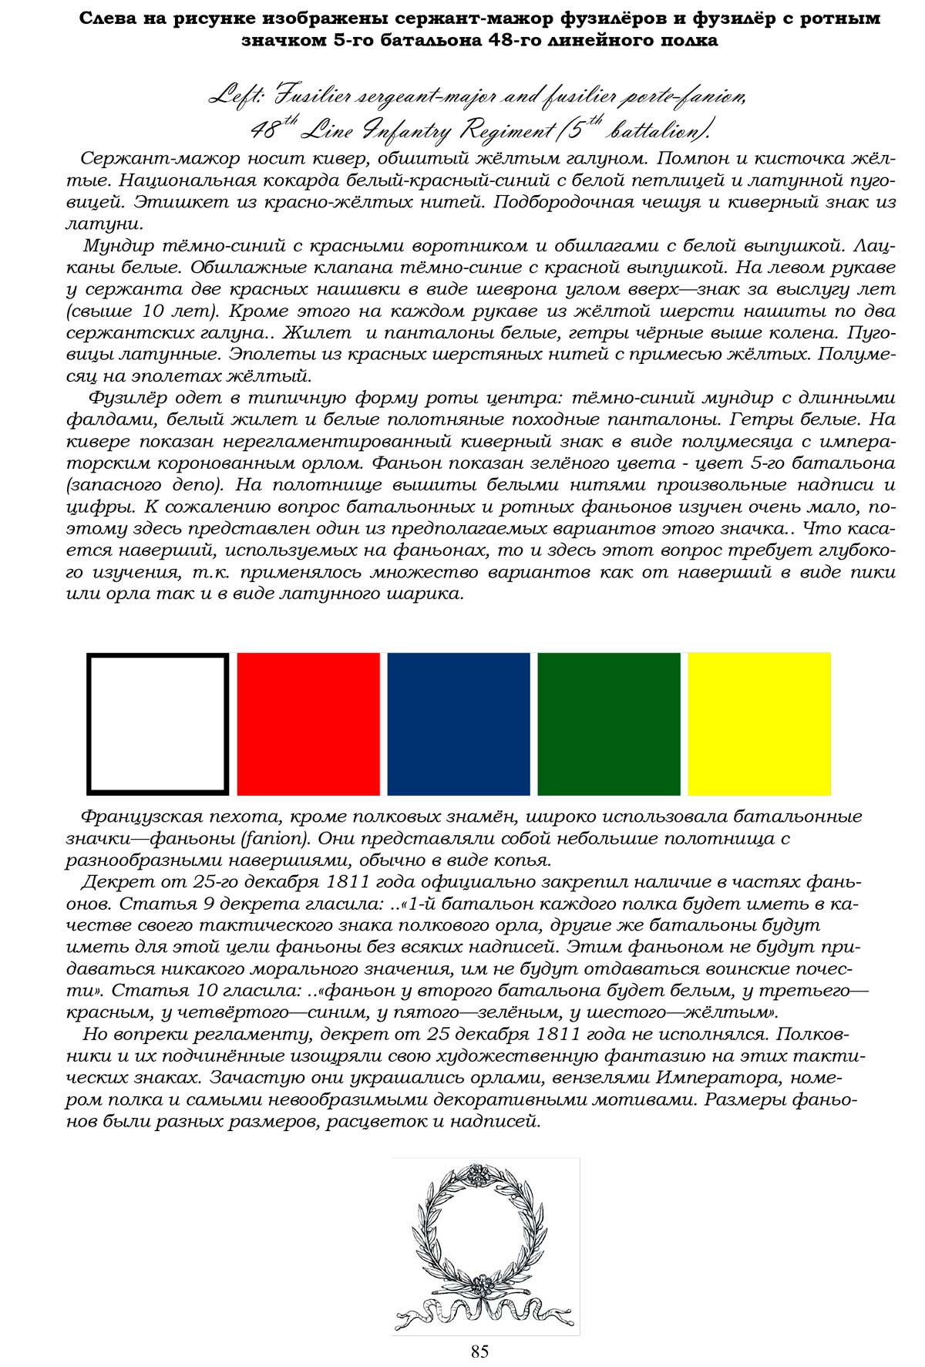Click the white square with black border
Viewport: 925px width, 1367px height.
(x=158, y=723)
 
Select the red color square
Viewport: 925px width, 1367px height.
(x=308, y=723)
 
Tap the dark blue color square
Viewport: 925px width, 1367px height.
(x=459, y=723)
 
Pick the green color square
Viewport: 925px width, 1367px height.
(x=609, y=723)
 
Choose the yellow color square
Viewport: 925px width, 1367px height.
(x=759, y=723)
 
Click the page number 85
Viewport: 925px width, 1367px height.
(x=479, y=1351)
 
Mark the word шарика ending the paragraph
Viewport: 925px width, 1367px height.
(x=426, y=594)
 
